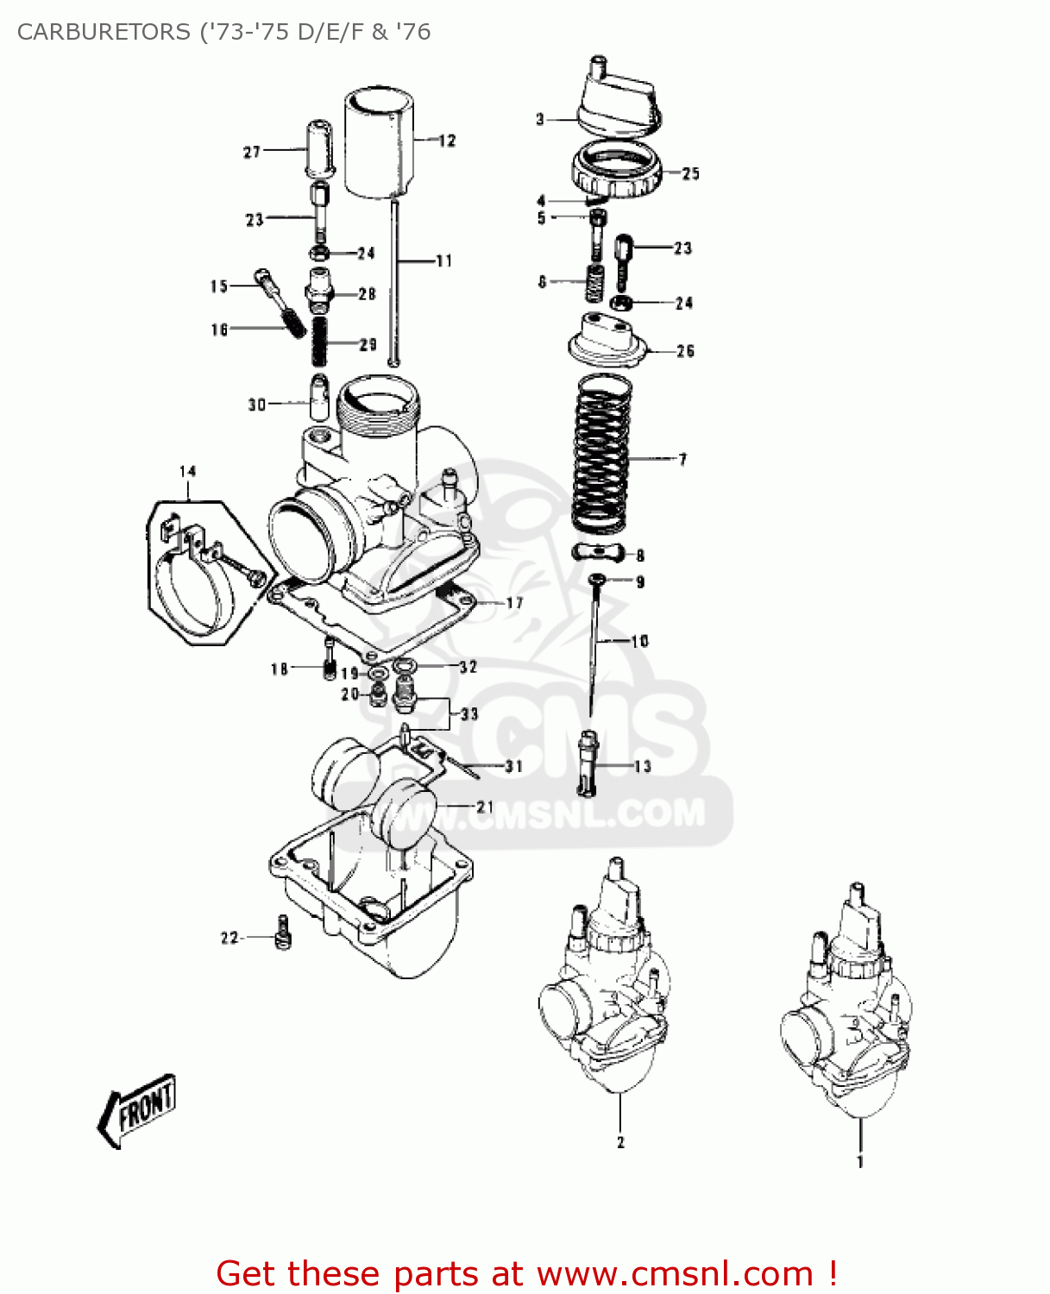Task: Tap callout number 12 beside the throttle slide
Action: pyautogui.click(x=447, y=141)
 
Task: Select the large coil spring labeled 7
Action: pyautogui.click(x=600, y=454)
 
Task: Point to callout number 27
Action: pyautogui.click(x=252, y=152)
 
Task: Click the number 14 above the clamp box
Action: pyautogui.click(x=188, y=471)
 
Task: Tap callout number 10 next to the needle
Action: pyautogui.click(x=639, y=641)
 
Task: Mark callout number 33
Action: pyautogui.click(x=469, y=713)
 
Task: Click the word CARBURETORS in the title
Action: pyautogui.click(x=104, y=32)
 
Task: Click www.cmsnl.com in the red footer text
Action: pyautogui.click(x=675, y=1273)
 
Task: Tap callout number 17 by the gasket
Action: pyautogui.click(x=514, y=603)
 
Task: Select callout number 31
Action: pyautogui.click(x=513, y=766)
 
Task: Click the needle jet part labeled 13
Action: pyautogui.click(x=588, y=763)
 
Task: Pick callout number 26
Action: pyautogui.click(x=685, y=351)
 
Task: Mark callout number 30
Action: pyautogui.click(x=257, y=404)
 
